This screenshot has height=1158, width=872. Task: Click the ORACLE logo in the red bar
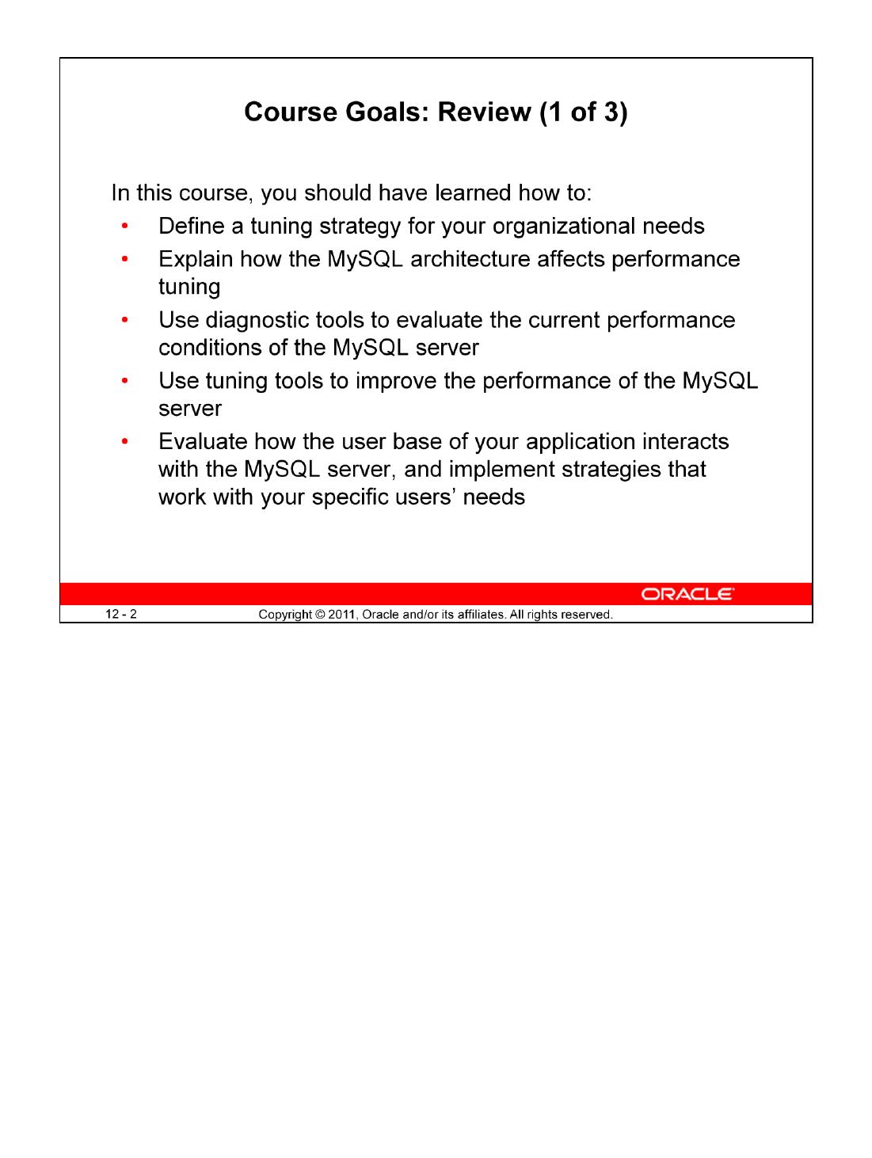click(x=687, y=594)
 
